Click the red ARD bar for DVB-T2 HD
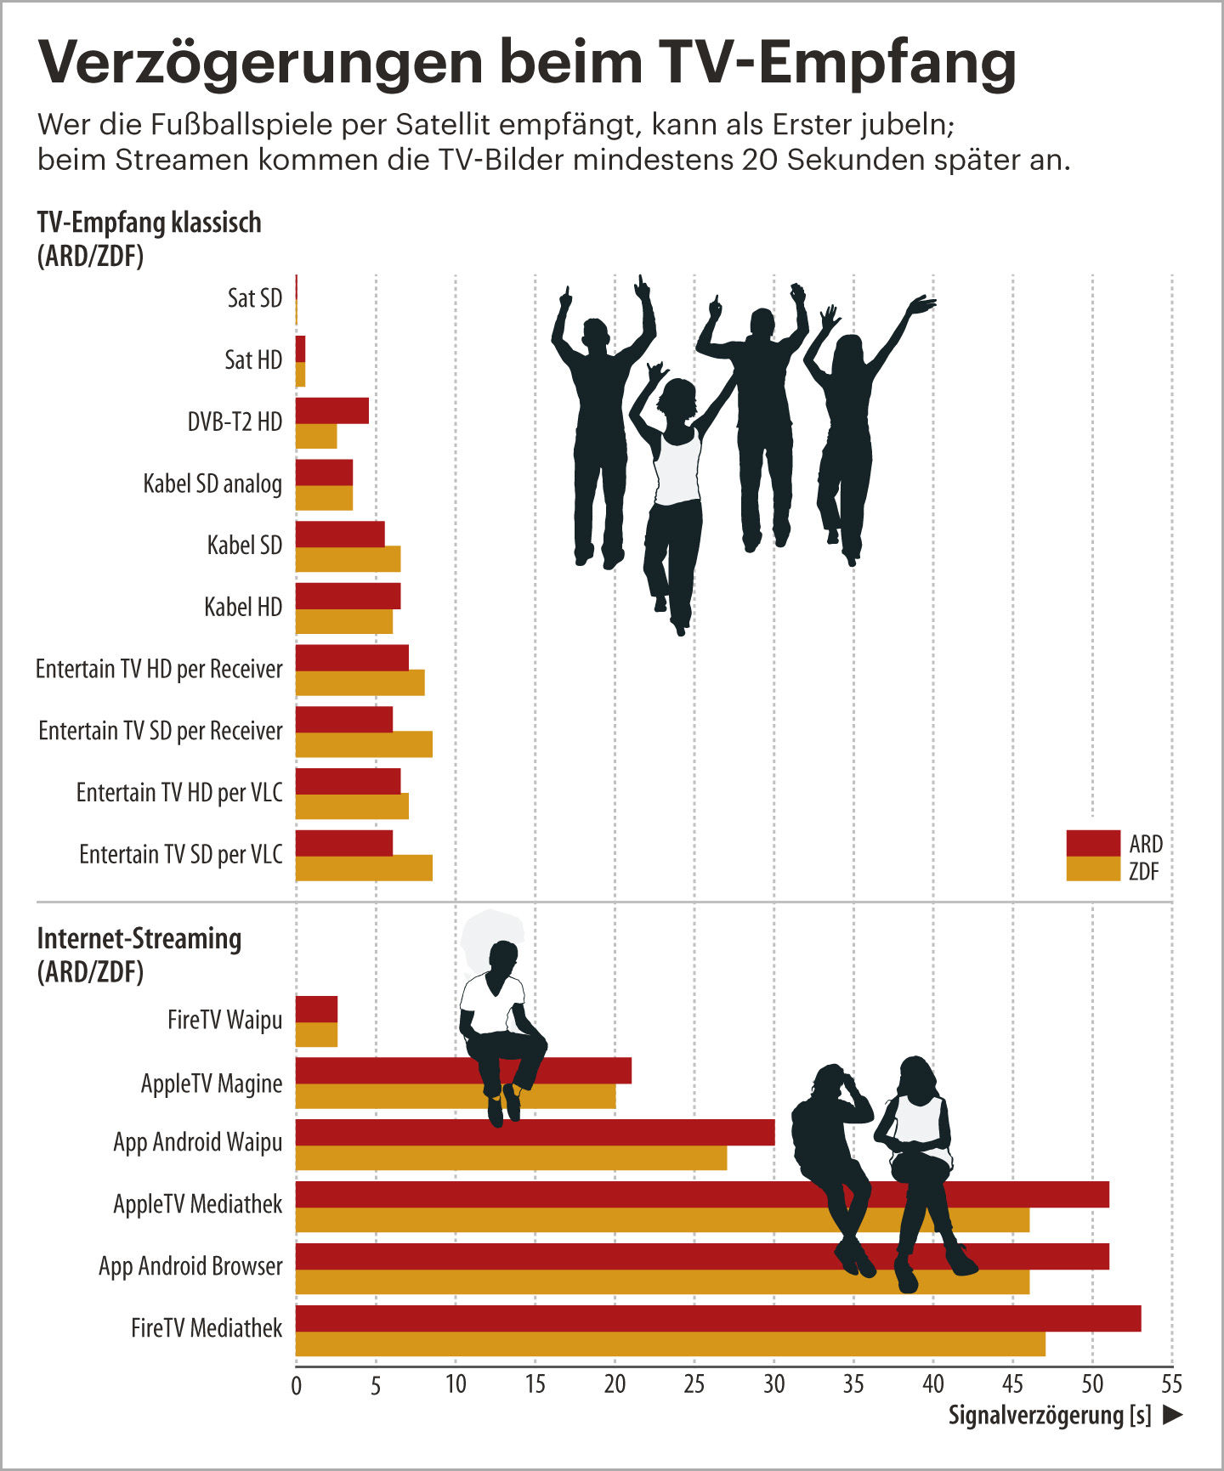pyautogui.click(x=332, y=410)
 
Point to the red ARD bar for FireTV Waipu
pyautogui.click(x=316, y=1009)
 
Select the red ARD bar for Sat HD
pyautogui.click(x=300, y=348)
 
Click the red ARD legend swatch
pyautogui.click(x=1093, y=843)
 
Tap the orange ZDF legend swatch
pyautogui.click(x=1093, y=869)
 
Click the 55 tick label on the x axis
pyautogui.click(x=1171, y=1384)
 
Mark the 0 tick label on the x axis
pyautogui.click(x=296, y=1386)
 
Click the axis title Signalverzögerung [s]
pyautogui.click(x=1050, y=1415)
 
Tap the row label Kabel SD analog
pyautogui.click(x=212, y=484)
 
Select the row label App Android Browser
pyautogui.click(x=190, y=1266)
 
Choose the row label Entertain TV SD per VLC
pyautogui.click(x=180, y=854)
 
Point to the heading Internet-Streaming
pyautogui.click(x=139, y=938)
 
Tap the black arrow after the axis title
pyautogui.click(x=1173, y=1415)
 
